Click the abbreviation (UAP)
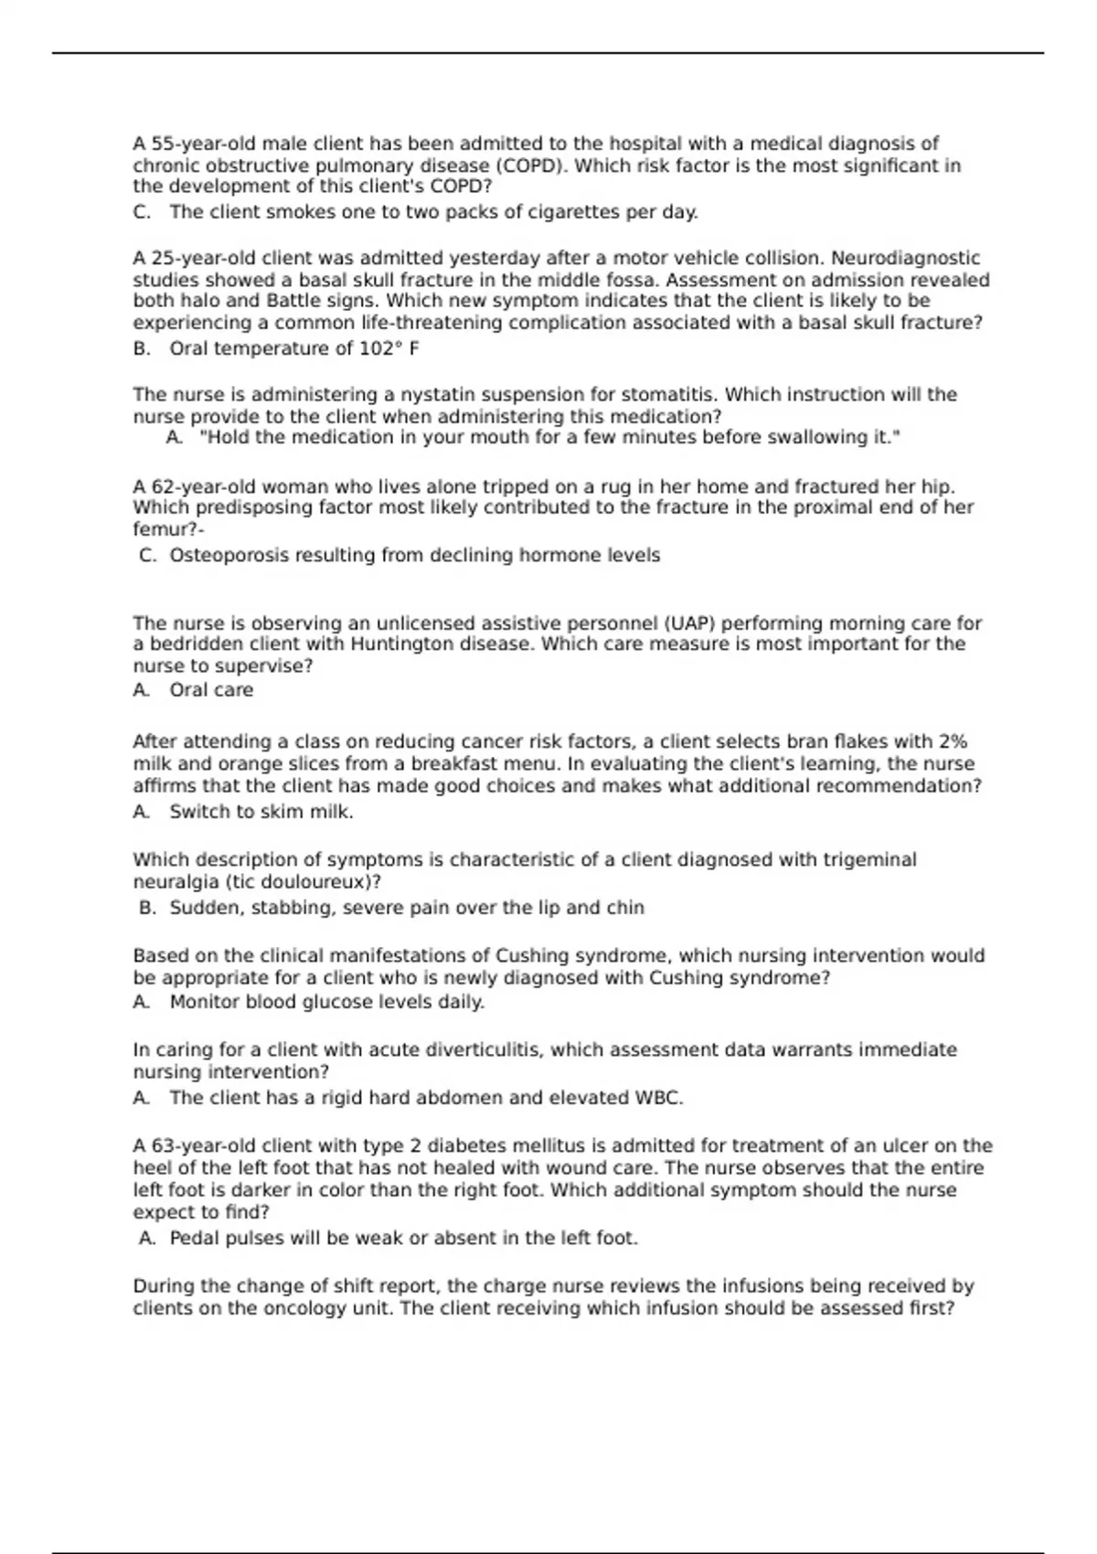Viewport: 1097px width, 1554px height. (x=681, y=623)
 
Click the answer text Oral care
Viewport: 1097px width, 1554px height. (x=211, y=690)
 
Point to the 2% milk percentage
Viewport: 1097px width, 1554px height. (x=953, y=741)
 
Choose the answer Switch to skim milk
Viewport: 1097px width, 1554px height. (x=261, y=812)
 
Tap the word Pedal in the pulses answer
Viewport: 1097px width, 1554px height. (x=195, y=1239)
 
